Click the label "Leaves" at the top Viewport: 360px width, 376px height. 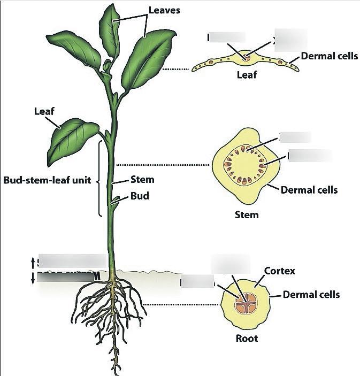click(164, 10)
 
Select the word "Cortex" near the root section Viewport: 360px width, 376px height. click(280, 271)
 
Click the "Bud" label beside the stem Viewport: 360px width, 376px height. click(140, 196)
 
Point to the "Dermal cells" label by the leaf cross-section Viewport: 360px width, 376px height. click(330, 56)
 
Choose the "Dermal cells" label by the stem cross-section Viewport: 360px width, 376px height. click(309, 189)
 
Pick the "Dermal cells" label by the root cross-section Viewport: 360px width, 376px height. click(311, 294)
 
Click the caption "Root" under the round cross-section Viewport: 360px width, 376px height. click(247, 338)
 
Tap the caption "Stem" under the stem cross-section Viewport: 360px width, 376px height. click(247, 215)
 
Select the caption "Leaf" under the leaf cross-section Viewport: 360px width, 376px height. click(247, 75)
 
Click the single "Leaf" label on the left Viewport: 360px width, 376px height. click(44, 111)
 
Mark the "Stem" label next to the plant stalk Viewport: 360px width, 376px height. click(142, 180)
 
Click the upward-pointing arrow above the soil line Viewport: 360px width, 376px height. click(33, 262)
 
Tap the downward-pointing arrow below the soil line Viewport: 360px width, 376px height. click(33, 277)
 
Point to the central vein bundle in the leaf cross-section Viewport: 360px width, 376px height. click(247, 56)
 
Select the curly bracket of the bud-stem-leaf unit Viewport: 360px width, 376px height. click(100, 179)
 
